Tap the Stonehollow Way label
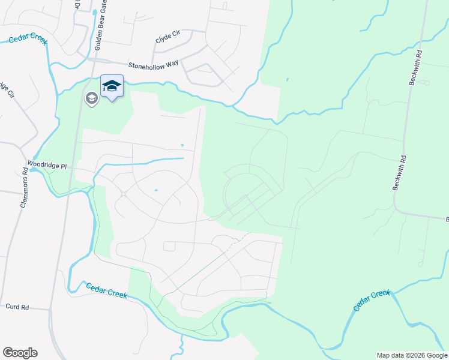pyautogui.click(x=153, y=64)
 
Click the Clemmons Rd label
pyautogui.click(x=24, y=187)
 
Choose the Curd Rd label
pyautogui.click(x=17, y=307)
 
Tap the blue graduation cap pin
pyautogui.click(x=112, y=86)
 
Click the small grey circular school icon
pyautogui.click(x=91, y=98)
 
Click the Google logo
pyautogui.click(x=20, y=353)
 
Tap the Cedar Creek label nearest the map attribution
pyautogui.click(x=372, y=300)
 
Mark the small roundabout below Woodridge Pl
pyautogui.click(x=122, y=193)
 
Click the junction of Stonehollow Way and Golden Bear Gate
pyautogui.click(x=91, y=60)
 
